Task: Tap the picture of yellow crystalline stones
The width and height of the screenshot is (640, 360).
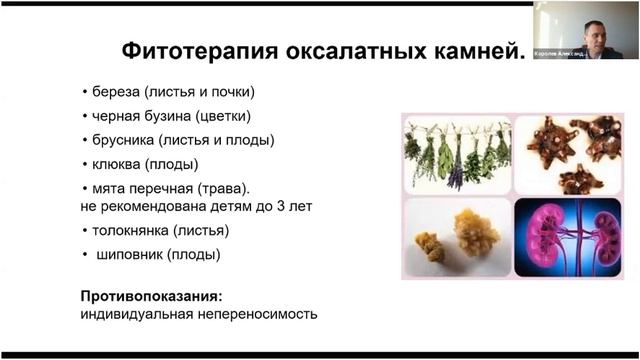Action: [456, 237]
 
